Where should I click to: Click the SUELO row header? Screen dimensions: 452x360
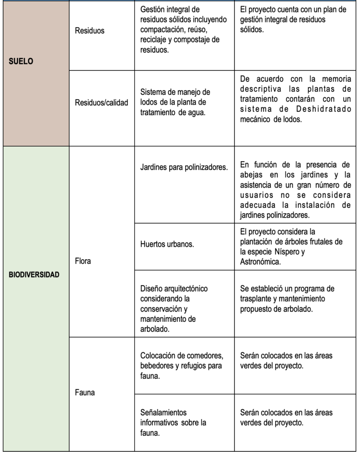[21, 62]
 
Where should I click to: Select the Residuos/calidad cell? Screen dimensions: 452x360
[101, 102]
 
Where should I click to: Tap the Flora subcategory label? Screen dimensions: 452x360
[83, 261]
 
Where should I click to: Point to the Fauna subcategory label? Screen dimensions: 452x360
[85, 392]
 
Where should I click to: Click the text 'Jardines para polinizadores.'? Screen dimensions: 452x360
[184, 167]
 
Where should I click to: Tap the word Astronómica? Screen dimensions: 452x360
[260, 261]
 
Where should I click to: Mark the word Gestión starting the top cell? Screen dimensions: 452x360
[153, 10]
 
